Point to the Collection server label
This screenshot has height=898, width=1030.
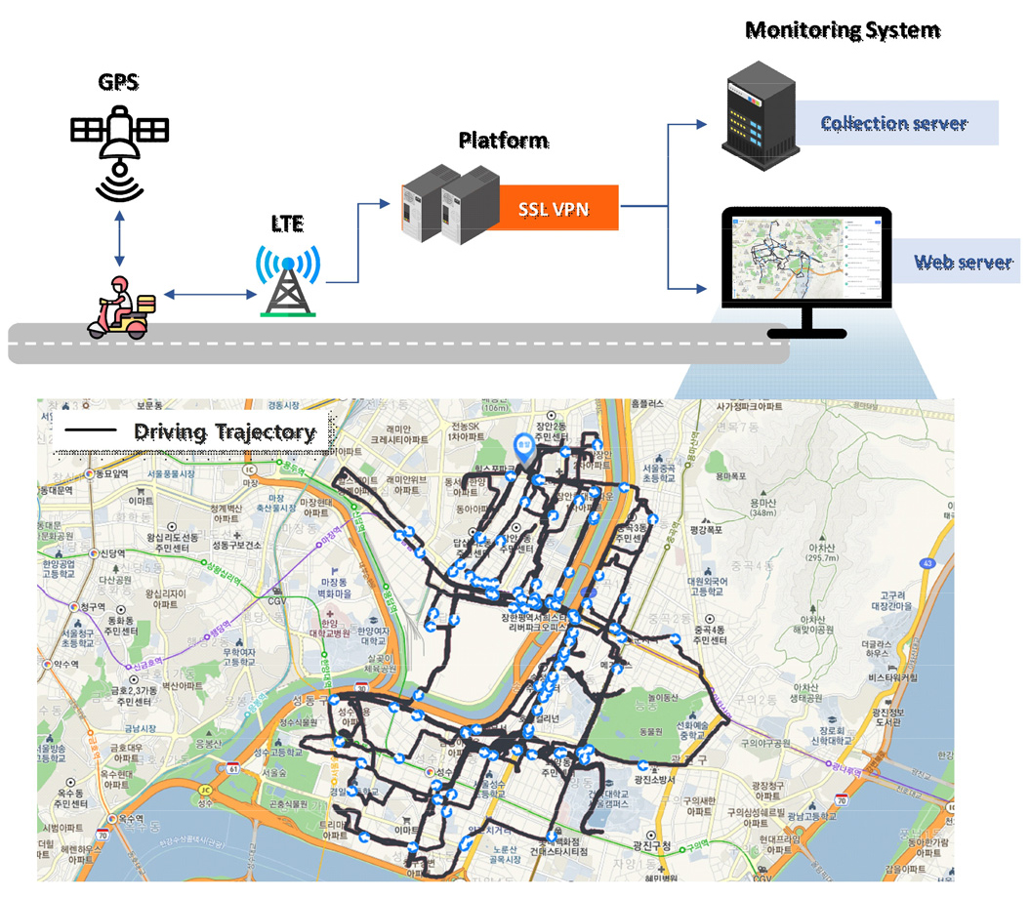pos(893,123)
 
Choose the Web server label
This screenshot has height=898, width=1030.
pos(963,262)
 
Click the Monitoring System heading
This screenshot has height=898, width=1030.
pos(842,30)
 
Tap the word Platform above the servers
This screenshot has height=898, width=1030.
pos(503,141)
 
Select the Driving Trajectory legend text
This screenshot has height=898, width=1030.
pos(225,431)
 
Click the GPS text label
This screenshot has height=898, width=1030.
pos(118,81)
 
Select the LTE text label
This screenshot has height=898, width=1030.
pos(288,224)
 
